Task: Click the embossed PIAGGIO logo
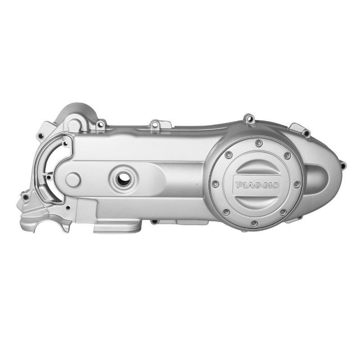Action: pyautogui.click(x=257, y=185)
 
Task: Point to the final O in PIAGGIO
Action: pyautogui.click(x=275, y=185)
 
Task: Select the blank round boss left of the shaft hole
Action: pyautogui.click(x=73, y=180)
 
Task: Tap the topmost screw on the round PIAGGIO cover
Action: pyautogui.click(x=259, y=143)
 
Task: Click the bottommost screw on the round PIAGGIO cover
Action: pyautogui.click(x=254, y=223)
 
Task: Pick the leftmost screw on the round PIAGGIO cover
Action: pyautogui.click(x=215, y=184)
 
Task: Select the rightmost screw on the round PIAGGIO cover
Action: pyautogui.click(x=297, y=184)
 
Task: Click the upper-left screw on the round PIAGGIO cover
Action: pyautogui.click(x=228, y=154)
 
